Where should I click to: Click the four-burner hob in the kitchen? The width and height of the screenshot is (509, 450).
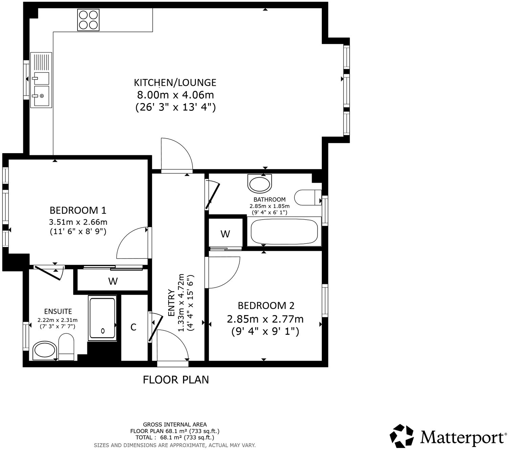(x=88, y=20)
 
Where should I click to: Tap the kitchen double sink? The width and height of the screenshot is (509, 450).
(x=41, y=80)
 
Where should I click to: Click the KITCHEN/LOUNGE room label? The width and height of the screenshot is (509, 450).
(x=175, y=82)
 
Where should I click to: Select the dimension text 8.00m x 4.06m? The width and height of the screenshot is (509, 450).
(x=175, y=95)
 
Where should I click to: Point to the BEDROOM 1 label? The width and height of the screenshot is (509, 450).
(x=78, y=210)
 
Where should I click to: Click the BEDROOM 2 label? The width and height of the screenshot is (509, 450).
(x=266, y=306)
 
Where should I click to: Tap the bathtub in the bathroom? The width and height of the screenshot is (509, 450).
(x=284, y=232)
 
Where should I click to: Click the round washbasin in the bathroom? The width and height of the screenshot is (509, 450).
(x=260, y=183)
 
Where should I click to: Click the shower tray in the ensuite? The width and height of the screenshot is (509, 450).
(x=103, y=318)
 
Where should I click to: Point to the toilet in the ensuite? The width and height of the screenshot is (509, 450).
(x=66, y=347)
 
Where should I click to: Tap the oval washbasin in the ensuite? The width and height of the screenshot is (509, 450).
(x=45, y=350)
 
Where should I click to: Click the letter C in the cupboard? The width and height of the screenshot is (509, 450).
(x=134, y=327)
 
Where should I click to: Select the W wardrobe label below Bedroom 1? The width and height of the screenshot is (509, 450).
(x=113, y=281)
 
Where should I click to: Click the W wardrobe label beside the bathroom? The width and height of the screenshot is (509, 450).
(x=225, y=234)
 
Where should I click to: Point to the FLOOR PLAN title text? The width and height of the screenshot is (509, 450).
(x=176, y=380)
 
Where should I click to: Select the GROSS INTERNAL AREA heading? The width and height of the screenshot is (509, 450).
(x=175, y=424)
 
